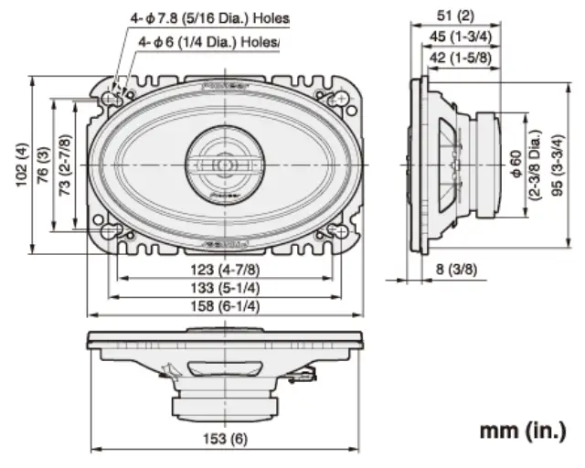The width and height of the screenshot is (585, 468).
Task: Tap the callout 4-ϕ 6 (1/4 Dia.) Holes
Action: pos(208,41)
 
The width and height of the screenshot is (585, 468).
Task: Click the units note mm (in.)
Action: pos(522,430)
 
